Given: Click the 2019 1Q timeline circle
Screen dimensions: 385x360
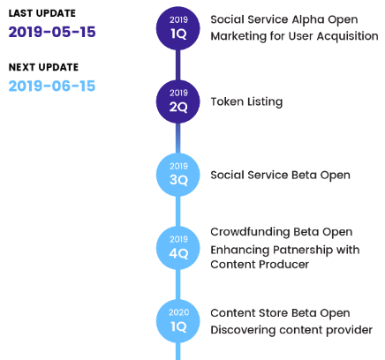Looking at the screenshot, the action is coord(178,28).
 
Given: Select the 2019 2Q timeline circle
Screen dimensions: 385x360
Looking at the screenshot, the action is coord(178,101).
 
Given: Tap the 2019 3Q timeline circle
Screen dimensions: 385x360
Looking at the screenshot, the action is coord(178,175).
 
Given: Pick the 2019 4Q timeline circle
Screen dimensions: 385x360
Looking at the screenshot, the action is coord(178,248).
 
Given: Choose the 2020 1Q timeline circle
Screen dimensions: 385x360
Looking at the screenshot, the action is coord(178,321).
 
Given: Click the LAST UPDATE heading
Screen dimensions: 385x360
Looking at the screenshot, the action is coord(42,13).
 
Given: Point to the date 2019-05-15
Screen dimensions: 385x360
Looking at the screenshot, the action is coord(52,32).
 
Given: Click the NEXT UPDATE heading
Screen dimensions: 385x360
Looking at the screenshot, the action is coord(43,67).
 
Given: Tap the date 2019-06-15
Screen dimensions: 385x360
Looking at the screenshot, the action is coord(52,86).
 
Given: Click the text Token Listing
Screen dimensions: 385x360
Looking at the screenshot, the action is coord(246,101).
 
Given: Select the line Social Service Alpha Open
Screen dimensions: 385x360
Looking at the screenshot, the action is coord(284,20).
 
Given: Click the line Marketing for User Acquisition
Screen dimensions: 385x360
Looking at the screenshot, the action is coord(295,36).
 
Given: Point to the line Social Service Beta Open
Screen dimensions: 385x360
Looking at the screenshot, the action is coord(281,176).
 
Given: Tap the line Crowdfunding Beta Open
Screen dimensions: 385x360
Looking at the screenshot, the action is coord(282,232).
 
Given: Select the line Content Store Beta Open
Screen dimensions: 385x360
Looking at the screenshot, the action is coord(281,313).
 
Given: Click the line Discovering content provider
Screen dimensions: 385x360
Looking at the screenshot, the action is coord(291,330).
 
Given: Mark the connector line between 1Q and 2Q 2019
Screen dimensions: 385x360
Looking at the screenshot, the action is coord(178,65).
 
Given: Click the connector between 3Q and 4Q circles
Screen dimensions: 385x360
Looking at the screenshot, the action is coord(178,212).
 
